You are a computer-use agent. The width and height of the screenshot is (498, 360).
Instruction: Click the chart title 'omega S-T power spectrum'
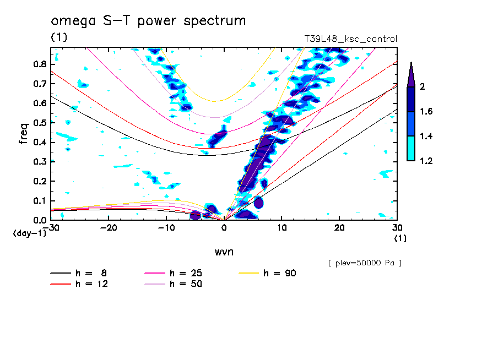pyautogui.click(x=148, y=21)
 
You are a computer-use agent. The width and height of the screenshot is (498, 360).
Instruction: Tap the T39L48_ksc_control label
pyautogui.click(x=350, y=39)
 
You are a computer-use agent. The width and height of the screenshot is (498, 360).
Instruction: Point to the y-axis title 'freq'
pyautogui.click(x=23, y=133)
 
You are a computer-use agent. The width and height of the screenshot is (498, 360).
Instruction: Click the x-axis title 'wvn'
pyautogui.click(x=224, y=252)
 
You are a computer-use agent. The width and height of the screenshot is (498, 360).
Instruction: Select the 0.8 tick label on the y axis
pyautogui.click(x=40, y=64)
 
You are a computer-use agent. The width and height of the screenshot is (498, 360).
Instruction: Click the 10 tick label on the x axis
pyautogui.click(x=282, y=228)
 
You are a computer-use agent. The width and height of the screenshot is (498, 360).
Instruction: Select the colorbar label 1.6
pyautogui.click(x=425, y=112)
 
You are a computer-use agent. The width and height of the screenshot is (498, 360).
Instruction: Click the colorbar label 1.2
pyautogui.click(x=425, y=161)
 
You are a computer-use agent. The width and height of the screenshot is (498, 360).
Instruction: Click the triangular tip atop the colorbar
pyautogui.click(x=411, y=74)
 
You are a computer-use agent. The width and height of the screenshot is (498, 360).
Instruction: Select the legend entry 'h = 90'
pyautogui.click(x=280, y=273)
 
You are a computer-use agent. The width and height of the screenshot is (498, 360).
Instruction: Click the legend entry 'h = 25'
pyautogui.click(x=185, y=273)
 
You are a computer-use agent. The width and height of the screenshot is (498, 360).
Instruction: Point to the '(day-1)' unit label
pyautogui.click(x=29, y=233)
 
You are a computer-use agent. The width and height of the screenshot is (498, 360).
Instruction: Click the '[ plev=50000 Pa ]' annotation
pyautogui.click(x=364, y=263)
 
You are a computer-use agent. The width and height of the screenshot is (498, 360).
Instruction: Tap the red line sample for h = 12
pyautogui.click(x=61, y=284)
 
